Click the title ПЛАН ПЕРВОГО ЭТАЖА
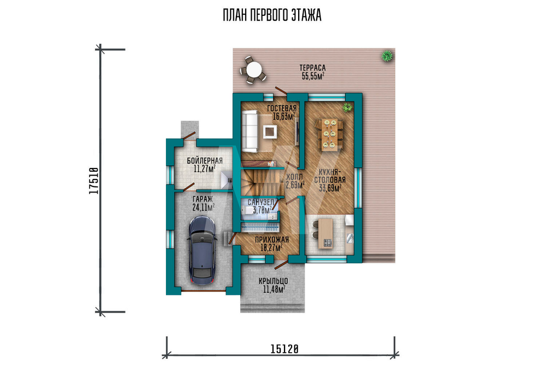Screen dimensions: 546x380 (272, 15)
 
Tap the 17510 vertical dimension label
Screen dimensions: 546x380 (94, 181)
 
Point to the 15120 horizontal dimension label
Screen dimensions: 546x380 (284, 349)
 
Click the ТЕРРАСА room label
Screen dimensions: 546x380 (312, 68)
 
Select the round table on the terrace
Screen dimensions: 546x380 (253, 70)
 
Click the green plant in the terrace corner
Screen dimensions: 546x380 (387, 56)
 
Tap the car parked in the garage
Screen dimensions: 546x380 (201, 250)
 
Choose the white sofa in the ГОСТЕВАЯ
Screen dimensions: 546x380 (250, 131)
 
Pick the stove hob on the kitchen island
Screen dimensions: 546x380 (327, 243)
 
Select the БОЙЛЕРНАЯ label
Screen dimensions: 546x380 (205, 161)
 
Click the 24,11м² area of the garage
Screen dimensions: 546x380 (203, 208)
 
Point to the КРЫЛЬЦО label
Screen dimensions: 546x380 (274, 281)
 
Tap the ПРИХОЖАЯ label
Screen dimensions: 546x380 (272, 239)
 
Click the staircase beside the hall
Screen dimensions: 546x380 (263, 182)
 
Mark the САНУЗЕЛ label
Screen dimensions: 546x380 (261, 202)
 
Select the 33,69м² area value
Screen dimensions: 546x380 (330, 188)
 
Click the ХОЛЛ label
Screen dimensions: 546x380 (294, 177)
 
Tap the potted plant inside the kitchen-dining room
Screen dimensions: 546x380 (347, 107)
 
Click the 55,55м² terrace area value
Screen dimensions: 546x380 (313, 76)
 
